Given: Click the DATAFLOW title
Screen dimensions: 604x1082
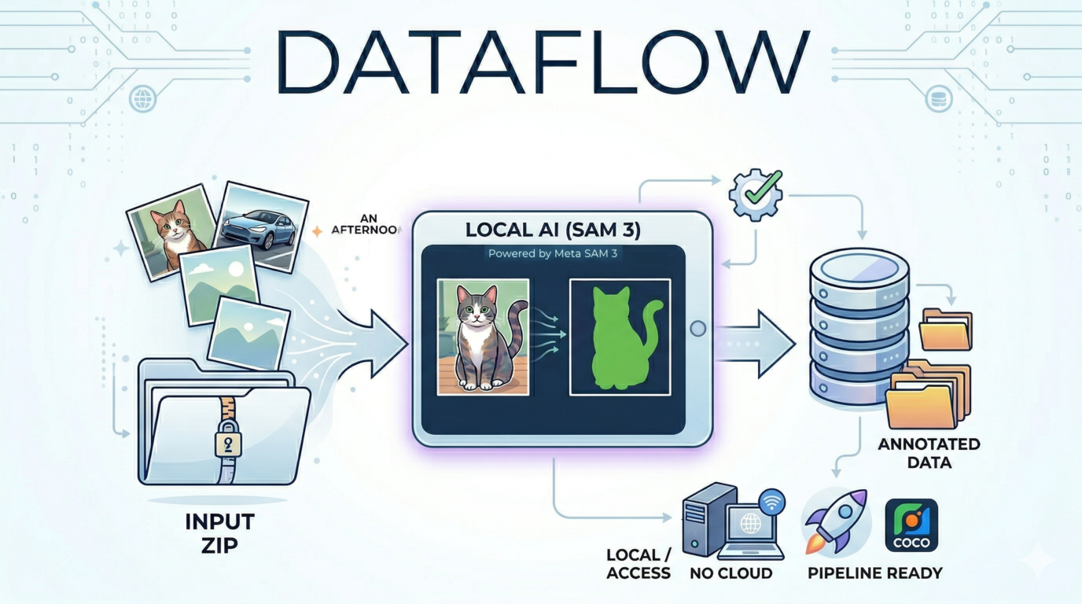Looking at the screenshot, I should click(x=542, y=63).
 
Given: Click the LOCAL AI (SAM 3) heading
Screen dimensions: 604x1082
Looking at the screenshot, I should click(x=553, y=230).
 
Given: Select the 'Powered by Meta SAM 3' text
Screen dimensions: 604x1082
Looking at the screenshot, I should click(x=553, y=253).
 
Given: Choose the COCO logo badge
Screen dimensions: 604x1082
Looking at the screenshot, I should click(x=911, y=525).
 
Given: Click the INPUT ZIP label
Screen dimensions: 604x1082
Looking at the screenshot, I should click(x=219, y=532).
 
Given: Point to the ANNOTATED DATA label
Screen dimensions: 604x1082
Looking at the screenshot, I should click(x=929, y=453).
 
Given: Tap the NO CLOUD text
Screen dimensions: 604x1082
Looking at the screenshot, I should click(x=731, y=573).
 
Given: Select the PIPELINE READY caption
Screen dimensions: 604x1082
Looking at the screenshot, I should click(x=874, y=573).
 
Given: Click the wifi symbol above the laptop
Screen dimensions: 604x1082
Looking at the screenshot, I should click(x=773, y=500).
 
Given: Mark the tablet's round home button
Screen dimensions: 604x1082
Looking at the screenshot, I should click(x=697, y=329).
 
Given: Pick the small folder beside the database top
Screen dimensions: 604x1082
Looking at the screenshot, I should click(x=947, y=330).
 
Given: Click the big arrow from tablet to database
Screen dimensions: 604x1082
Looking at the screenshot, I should click(x=756, y=343).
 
